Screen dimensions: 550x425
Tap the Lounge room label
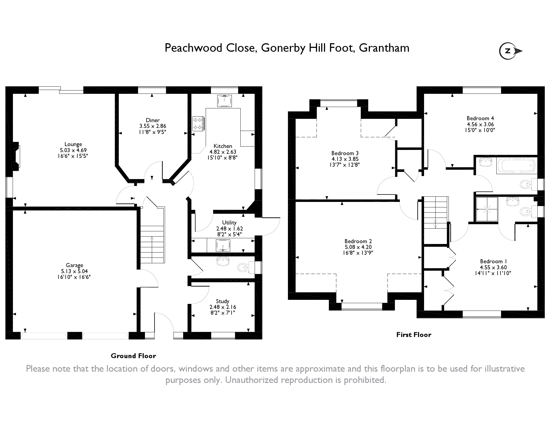[x=73, y=144]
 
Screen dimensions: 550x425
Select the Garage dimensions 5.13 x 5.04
[x=74, y=271]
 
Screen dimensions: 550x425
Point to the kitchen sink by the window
[x=224, y=101]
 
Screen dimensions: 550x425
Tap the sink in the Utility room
[x=223, y=245]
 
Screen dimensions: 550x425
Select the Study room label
[x=222, y=301]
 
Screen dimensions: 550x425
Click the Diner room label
[x=153, y=120]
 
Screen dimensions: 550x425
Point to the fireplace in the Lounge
[x=16, y=156]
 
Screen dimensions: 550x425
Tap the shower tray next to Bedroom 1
[x=487, y=209]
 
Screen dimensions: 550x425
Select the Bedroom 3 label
[x=345, y=153]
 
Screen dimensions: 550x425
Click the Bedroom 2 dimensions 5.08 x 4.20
[x=358, y=247]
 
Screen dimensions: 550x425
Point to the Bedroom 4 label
[x=480, y=118]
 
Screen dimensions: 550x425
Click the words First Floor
[x=414, y=335]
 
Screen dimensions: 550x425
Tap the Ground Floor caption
[x=133, y=356]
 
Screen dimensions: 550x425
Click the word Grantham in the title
[x=384, y=48]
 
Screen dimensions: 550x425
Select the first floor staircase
[x=436, y=220]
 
